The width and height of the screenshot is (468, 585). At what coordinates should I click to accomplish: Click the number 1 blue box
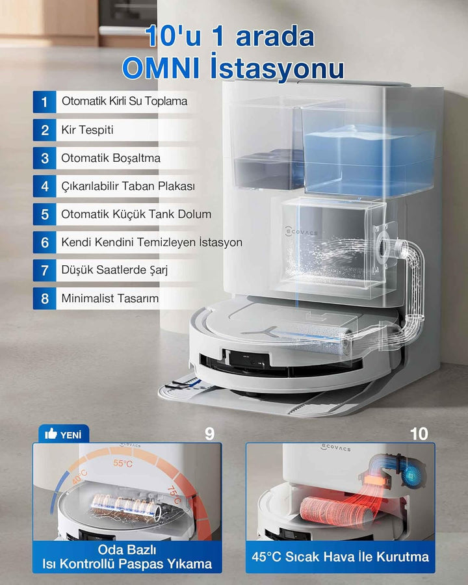click(44, 101)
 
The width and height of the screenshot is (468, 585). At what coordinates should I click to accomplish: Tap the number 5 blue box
click(44, 214)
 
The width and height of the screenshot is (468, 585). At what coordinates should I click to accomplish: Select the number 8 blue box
click(44, 298)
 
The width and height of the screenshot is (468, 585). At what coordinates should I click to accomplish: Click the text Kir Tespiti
click(87, 130)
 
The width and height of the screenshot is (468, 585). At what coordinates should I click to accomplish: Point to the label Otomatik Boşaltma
click(111, 158)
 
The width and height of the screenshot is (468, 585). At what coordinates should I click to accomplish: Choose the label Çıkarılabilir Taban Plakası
click(128, 186)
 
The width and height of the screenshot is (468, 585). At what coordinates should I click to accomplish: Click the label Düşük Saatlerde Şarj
click(114, 270)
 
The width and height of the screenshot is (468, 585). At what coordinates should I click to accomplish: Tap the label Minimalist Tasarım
click(110, 298)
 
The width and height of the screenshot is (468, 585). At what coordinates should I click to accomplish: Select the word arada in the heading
click(275, 36)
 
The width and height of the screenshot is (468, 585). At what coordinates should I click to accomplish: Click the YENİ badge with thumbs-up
click(64, 434)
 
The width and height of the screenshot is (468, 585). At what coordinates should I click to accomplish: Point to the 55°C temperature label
click(123, 463)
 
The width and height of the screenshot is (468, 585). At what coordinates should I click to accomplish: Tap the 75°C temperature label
click(174, 495)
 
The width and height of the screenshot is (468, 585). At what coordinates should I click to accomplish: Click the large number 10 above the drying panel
click(419, 434)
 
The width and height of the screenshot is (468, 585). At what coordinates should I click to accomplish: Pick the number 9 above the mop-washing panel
click(210, 434)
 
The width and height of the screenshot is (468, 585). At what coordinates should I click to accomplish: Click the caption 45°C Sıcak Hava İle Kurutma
click(341, 556)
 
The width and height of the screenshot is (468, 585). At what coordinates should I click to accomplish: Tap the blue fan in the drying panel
click(411, 475)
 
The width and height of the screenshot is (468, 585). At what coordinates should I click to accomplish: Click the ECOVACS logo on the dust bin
click(301, 231)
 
